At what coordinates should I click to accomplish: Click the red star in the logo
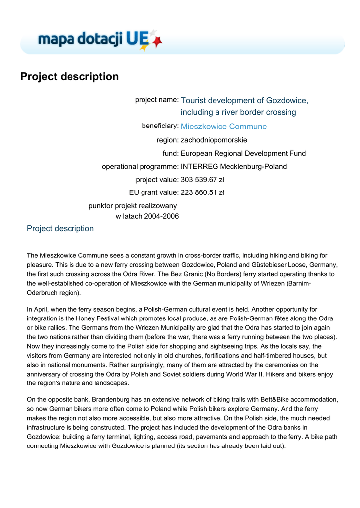tap(157, 42)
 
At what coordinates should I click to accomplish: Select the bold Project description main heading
tap(70, 77)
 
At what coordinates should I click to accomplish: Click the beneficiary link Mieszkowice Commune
tap(223, 127)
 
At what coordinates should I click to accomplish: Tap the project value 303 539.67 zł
tap(203, 180)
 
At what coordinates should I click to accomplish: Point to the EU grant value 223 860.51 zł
tap(203, 192)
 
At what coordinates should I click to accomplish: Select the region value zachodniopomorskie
tap(214, 140)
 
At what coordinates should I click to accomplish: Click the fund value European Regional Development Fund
tap(243, 153)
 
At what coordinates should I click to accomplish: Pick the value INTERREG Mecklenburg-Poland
tap(233, 167)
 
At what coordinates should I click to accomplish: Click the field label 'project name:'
tap(157, 100)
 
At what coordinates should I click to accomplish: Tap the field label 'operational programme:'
tap(140, 167)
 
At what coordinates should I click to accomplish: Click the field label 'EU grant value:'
tap(153, 192)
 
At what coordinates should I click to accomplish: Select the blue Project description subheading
tap(60, 229)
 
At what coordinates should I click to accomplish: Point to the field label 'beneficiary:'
tap(160, 126)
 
